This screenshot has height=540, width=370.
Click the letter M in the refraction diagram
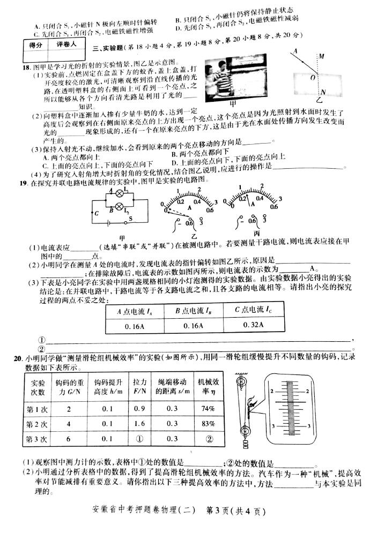click(321, 56)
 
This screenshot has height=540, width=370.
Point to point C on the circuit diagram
click(81, 213)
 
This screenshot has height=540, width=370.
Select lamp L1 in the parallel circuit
click(119, 194)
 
